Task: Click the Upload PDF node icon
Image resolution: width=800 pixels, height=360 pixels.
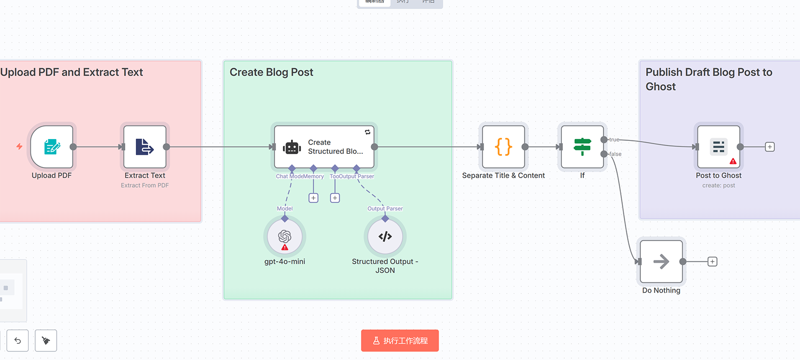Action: point(52,147)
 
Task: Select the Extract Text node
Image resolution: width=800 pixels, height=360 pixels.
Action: point(145,147)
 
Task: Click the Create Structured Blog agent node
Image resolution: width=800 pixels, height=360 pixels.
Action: point(324,147)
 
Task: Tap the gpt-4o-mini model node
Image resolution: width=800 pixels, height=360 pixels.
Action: point(285,237)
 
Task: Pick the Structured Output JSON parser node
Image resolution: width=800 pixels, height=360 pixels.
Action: point(385,237)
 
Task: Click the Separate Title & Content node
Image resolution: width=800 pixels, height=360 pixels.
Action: point(503,147)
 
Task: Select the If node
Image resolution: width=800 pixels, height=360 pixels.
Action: point(582,147)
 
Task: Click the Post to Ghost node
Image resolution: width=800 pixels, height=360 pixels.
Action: point(719,147)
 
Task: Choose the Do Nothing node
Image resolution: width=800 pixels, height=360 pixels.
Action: point(661,261)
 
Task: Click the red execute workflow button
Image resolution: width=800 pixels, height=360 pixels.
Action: point(400,340)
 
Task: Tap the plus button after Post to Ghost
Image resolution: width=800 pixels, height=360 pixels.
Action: point(770,147)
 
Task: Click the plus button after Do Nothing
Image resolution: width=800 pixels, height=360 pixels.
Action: point(712,261)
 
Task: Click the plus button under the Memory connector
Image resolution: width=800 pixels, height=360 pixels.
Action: point(313,198)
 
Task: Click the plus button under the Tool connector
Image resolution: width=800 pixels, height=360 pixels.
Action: point(335,198)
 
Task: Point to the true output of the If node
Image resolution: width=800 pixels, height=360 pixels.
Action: point(604,140)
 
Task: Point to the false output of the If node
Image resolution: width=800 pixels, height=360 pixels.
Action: point(604,154)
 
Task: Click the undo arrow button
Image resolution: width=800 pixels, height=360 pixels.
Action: point(18,340)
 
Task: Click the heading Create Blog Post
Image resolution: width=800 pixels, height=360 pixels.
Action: point(271,72)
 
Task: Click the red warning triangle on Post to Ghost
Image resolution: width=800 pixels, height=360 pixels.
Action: point(733,161)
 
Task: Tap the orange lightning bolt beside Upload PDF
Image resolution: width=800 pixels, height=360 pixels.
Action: point(20,146)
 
